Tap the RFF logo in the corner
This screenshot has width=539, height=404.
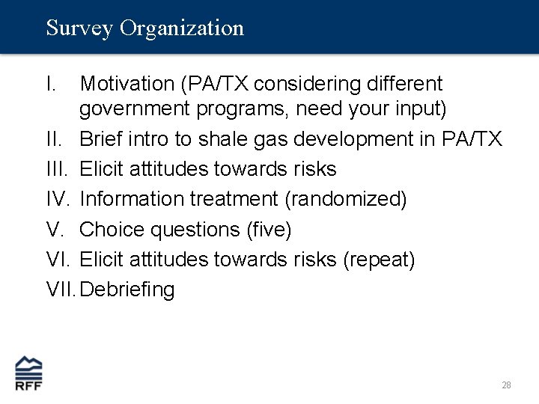(29, 373)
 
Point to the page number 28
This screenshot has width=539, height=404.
(506, 385)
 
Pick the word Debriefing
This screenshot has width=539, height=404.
(127, 290)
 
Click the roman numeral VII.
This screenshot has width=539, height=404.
(61, 290)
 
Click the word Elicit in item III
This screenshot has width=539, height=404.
(102, 170)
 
